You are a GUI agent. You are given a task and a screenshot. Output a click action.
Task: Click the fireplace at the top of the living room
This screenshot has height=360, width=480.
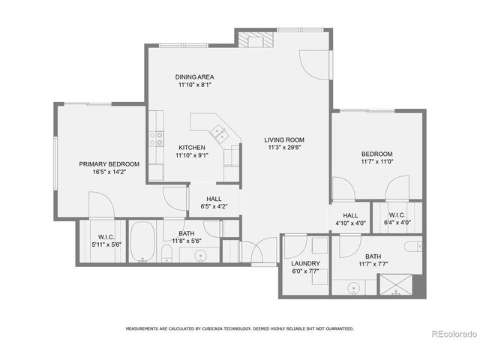coord(253,39)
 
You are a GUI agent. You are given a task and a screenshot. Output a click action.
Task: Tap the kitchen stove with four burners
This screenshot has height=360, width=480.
coord(157,138)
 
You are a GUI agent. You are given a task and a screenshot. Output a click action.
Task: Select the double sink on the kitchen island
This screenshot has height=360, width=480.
coord(220,133)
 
